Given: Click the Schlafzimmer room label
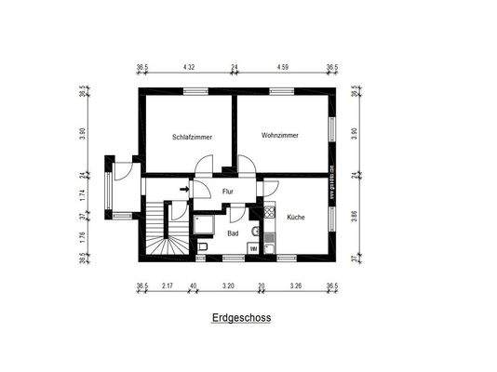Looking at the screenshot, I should pos(192,137).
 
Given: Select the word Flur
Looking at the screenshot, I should pos(227,193).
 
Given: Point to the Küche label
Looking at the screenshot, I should pos(295,216).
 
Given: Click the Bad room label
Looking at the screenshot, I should pos(233,233).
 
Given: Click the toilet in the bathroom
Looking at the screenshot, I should pos(203,247).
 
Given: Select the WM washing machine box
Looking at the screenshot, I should pos(254,248).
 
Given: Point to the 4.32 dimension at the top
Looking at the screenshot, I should pos(189,67).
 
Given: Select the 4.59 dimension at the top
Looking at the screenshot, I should pos(281,67).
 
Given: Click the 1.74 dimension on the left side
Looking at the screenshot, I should pos(83,196).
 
